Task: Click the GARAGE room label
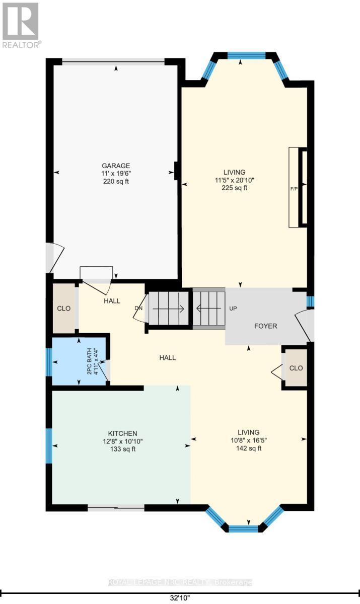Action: click(x=116, y=166)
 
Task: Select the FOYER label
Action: click(x=265, y=326)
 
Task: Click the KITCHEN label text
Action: click(x=122, y=433)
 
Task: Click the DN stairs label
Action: click(x=139, y=309)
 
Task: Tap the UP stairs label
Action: click(x=233, y=309)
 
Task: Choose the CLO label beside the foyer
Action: click(x=296, y=368)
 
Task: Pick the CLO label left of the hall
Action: click(x=64, y=309)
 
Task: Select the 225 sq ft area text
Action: click(x=235, y=188)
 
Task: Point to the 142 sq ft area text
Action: click(x=249, y=448)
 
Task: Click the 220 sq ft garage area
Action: click(x=116, y=181)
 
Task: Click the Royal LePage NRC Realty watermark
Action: click(x=180, y=582)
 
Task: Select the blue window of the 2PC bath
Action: click(x=49, y=362)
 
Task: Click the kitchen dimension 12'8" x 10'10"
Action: click(x=122, y=441)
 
